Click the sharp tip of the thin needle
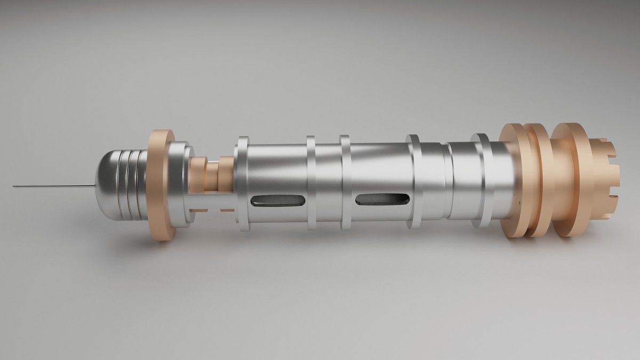pyautogui.click(x=14, y=186)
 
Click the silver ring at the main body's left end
pyautogui.click(x=242, y=184)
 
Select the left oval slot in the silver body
pyautogui.click(x=277, y=201)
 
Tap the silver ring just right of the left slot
pyautogui.click(x=311, y=184)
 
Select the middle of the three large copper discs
pyautogui.click(x=537, y=180)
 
